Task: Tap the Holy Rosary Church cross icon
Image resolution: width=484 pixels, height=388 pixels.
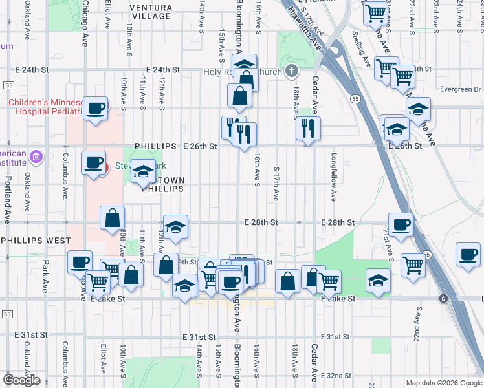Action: (x=292, y=70)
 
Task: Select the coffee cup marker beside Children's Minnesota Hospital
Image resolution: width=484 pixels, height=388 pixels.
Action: (x=96, y=109)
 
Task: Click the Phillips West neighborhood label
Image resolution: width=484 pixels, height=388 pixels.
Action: (x=36, y=241)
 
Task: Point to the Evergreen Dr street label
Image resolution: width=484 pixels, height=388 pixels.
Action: (x=460, y=89)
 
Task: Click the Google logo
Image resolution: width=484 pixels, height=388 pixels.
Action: (x=21, y=380)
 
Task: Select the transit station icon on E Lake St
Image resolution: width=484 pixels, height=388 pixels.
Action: (x=443, y=299)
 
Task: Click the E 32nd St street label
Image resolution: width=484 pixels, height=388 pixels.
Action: (x=335, y=376)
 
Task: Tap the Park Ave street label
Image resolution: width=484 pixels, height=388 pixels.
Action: (x=46, y=276)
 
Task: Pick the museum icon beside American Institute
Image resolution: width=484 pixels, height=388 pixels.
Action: (x=36, y=156)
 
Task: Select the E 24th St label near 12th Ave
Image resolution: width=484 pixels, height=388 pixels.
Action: (x=162, y=69)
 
